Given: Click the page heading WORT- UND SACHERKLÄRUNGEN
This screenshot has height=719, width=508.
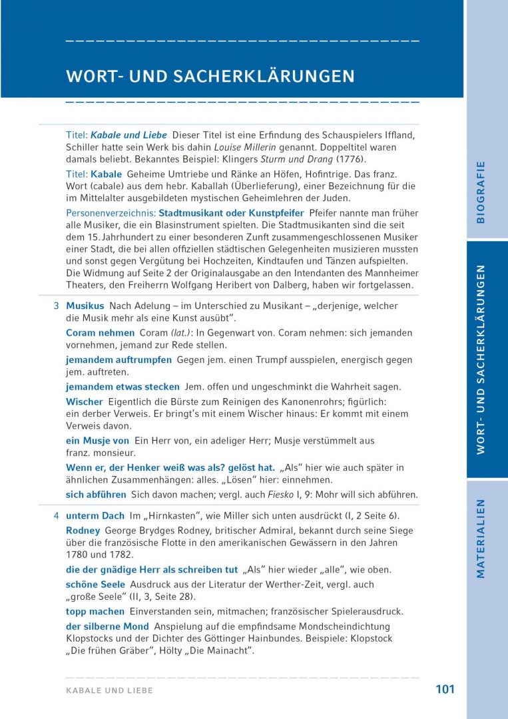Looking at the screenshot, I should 210,76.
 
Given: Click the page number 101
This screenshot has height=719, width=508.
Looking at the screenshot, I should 445,689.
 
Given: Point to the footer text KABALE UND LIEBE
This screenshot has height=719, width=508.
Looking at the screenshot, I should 109,690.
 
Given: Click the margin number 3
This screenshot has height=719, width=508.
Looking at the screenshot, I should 56,306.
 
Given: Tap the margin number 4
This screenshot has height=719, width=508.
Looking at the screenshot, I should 56,516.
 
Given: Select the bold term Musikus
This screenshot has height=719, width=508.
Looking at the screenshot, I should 85,306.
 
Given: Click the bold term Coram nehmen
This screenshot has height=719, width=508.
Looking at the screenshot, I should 100,332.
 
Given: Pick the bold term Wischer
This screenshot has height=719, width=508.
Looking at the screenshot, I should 85,401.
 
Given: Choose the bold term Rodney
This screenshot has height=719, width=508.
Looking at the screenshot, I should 83,531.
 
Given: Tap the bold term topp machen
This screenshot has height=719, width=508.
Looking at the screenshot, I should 95,611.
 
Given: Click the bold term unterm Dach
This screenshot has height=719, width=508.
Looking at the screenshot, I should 95,516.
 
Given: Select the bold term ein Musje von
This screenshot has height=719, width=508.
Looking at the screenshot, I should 97,441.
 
